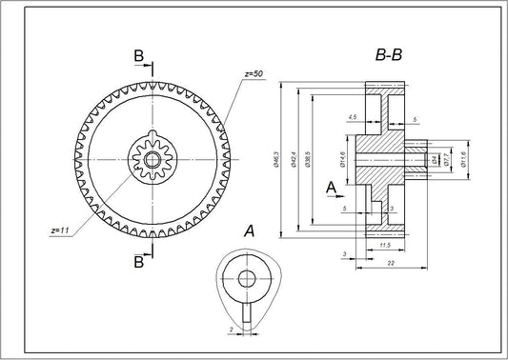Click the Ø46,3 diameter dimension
tap(275, 160)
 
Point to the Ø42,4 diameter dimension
tap(295, 160)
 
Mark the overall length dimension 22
tap(393, 263)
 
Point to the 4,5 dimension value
tap(353, 117)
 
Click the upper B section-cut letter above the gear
tap(139, 58)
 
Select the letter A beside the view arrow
tap(330, 187)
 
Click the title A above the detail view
tap(248, 230)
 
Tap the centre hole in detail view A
tap(247, 279)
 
